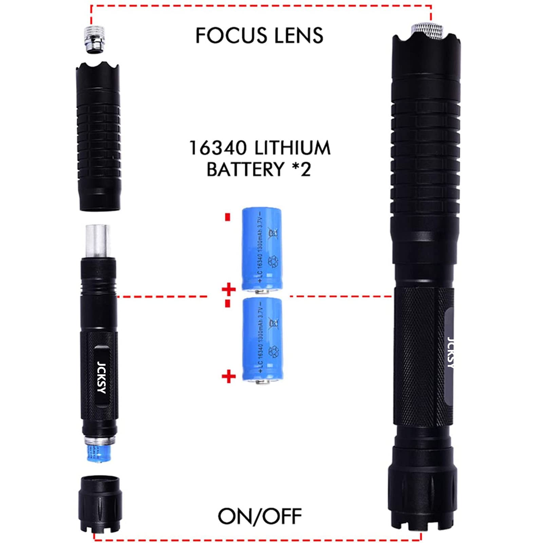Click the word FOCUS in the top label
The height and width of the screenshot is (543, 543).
[231, 36]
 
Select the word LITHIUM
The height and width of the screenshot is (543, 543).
[292, 148]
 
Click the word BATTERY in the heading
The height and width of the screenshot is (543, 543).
[245, 169]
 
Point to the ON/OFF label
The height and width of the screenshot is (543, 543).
[260, 516]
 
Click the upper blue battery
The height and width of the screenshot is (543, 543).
[262, 249]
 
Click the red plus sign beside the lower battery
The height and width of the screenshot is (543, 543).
[229, 376]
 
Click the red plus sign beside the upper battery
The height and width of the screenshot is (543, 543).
[229, 289]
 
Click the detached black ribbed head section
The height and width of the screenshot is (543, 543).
[98, 136]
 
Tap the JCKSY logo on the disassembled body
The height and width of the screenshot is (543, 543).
[101, 377]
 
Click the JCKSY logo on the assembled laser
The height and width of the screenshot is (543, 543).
[450, 353]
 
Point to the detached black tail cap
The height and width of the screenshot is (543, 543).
[100, 503]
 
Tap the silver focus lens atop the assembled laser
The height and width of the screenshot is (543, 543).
[427, 30]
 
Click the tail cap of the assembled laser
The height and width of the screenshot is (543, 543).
[423, 492]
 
